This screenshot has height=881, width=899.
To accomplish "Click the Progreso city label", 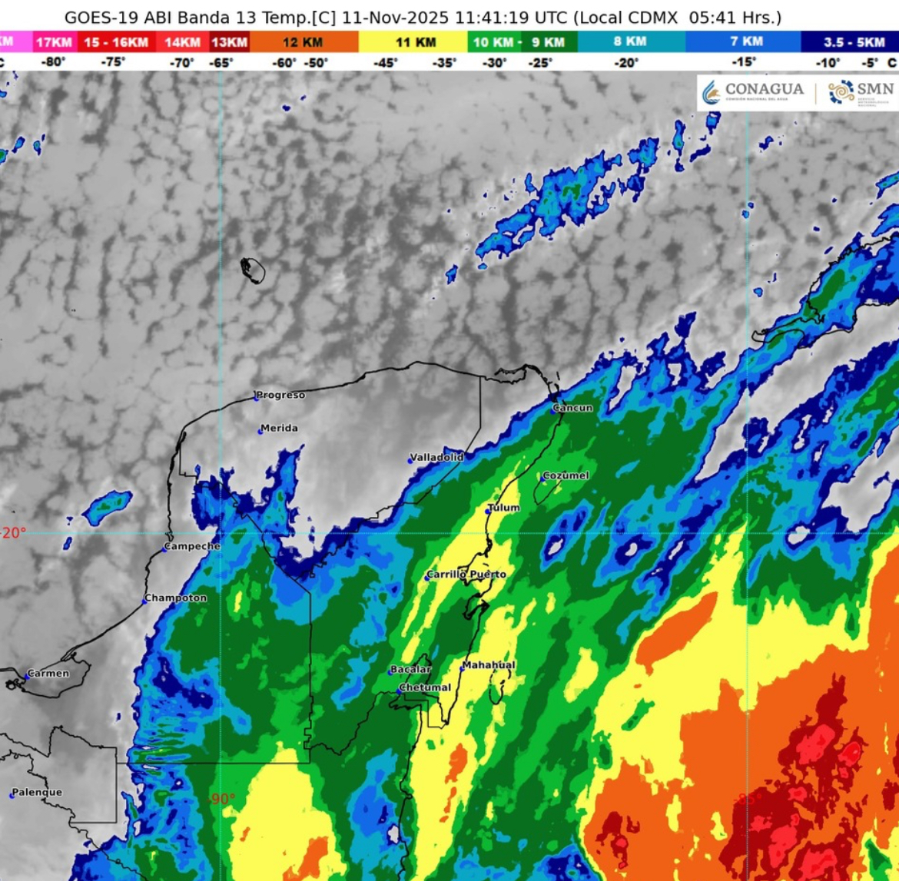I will point(281,395).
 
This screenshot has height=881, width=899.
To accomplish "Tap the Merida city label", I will point(280,428).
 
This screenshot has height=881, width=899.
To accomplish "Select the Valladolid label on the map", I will point(437,457).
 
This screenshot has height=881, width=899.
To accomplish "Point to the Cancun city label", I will point(574,408).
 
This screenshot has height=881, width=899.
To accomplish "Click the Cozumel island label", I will point(566,475).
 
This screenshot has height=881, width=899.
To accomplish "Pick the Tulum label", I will point(505,508).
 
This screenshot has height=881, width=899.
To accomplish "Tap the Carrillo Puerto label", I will point(467,575).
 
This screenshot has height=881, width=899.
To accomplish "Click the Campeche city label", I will point(194,546).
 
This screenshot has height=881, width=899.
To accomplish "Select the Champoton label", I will point(177,598).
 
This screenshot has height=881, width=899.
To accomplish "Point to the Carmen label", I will point(48,674).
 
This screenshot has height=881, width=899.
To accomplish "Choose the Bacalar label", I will point(411,669).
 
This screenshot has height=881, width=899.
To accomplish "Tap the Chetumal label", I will point(426,687).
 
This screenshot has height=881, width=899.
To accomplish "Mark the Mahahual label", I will point(489,664).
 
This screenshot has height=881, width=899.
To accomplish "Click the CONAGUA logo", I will point(755,91).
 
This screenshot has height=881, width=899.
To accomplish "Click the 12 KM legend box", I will point(304,42).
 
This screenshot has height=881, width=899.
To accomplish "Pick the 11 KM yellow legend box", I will point(415,42).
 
